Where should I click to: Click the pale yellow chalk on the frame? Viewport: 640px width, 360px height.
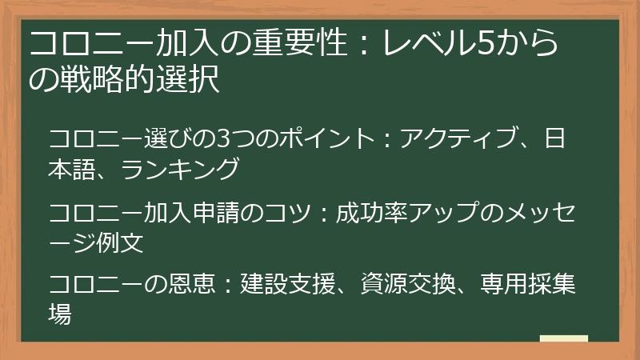pyautogui.click(x=563, y=339)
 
